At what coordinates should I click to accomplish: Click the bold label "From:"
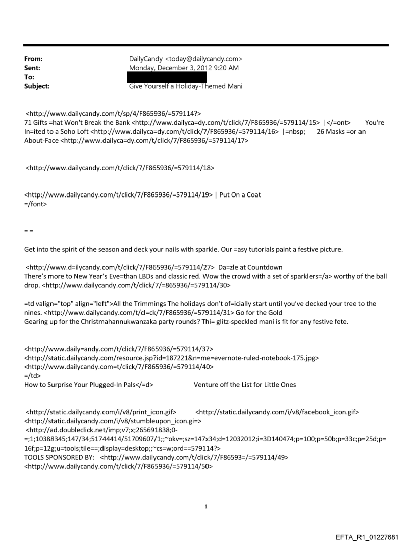click(33, 59)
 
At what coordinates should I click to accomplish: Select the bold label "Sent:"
click(32, 68)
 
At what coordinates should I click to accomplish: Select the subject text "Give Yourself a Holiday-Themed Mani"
click(186, 86)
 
